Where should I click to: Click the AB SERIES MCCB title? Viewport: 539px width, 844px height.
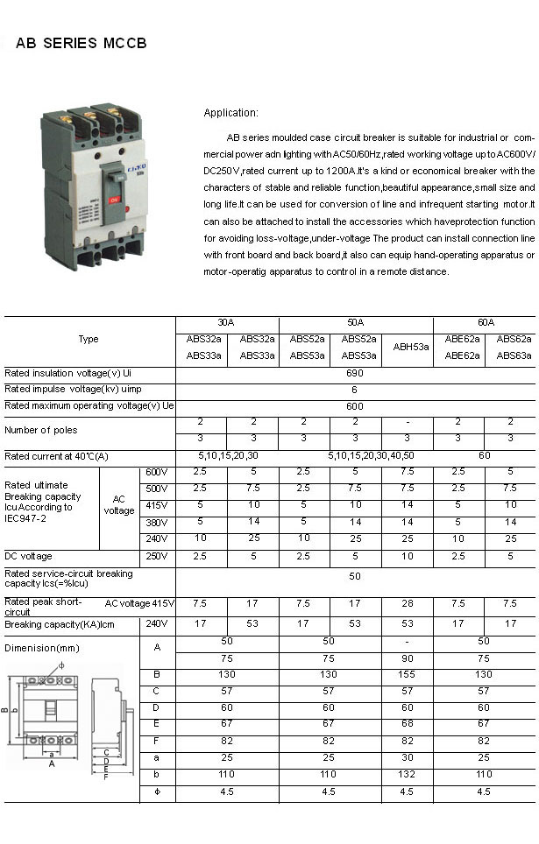coord(81,43)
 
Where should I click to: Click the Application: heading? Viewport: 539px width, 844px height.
coord(230,113)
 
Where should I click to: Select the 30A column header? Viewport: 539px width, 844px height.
coord(227,322)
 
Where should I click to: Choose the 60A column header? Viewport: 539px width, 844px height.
coord(486,322)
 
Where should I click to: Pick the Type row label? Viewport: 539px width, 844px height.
coord(89,340)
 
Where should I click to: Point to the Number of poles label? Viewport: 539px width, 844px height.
coord(41,430)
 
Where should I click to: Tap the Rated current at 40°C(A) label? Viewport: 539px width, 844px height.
coord(57,456)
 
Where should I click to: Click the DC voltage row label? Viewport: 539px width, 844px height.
coord(29,556)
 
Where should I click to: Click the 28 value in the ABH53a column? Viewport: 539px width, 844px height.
coord(408,603)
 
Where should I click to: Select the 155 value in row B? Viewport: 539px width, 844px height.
coord(408,674)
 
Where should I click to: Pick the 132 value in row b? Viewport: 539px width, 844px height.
coord(408,776)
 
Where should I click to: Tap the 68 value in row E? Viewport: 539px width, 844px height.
coord(408,724)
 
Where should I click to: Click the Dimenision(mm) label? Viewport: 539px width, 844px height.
coord(42,648)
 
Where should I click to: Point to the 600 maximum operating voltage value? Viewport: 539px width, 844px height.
coord(355,406)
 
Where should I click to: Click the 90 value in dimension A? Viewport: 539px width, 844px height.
coord(408,658)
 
